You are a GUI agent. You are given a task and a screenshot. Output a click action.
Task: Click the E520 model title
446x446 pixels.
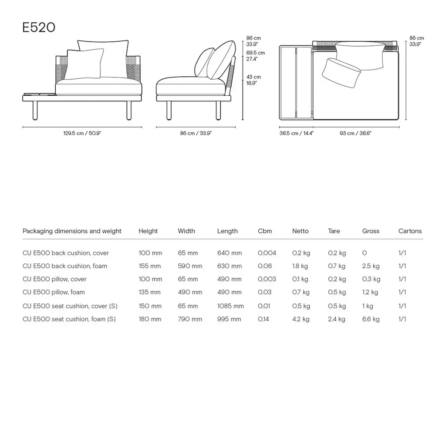(x=39, y=27)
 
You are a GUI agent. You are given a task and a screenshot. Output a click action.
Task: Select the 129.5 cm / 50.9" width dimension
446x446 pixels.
(x=82, y=133)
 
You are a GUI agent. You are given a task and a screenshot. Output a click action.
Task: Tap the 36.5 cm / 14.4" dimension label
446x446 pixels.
(x=296, y=133)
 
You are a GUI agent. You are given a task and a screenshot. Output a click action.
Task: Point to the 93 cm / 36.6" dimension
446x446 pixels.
(x=355, y=133)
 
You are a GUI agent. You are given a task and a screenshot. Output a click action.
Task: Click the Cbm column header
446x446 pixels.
(x=265, y=231)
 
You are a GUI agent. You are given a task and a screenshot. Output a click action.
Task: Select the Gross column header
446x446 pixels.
(x=371, y=231)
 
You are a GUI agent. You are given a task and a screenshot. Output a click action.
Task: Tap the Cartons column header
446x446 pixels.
(x=410, y=231)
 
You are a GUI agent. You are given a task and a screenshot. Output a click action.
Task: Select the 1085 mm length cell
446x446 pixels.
(x=230, y=306)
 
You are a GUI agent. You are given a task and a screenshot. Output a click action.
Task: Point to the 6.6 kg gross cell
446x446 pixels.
(x=371, y=319)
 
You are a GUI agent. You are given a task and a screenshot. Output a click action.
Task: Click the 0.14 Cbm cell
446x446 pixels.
(x=264, y=319)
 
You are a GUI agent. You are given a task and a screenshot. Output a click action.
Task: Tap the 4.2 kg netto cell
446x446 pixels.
(x=301, y=319)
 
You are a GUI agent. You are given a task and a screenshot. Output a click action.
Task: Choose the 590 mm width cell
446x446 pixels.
(x=190, y=266)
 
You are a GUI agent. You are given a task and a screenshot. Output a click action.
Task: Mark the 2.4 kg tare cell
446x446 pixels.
(x=337, y=319)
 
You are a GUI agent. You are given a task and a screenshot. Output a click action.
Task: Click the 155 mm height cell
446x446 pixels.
(x=150, y=266)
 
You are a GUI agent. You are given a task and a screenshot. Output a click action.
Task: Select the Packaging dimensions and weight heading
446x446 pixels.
(x=72, y=231)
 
